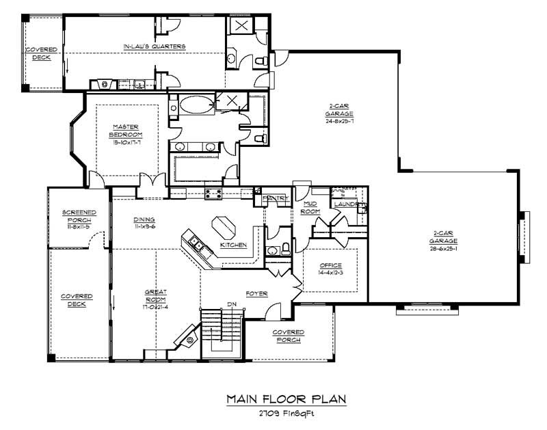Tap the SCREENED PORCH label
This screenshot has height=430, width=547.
point(79,216)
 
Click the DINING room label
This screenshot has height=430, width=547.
point(145,220)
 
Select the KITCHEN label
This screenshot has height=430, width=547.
point(232,245)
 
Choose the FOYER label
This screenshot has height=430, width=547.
point(257,294)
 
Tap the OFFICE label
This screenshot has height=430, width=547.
point(330,265)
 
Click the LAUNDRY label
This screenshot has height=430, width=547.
point(347,204)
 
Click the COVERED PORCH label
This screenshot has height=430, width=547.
point(288,336)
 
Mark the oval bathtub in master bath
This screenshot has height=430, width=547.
point(196,106)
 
